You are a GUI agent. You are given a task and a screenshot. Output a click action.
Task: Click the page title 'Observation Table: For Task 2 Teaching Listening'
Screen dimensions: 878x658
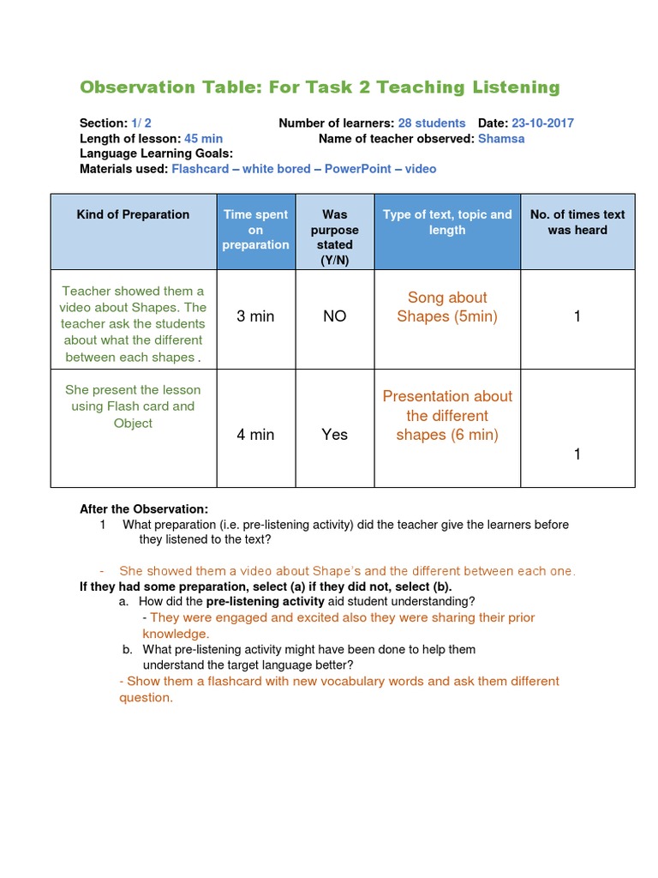point(320,87)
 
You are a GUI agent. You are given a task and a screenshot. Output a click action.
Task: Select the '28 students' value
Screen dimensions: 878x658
point(432,123)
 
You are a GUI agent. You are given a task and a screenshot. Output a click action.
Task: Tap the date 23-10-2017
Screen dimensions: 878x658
point(543,123)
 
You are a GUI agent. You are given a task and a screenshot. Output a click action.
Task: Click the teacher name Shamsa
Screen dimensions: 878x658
point(501,138)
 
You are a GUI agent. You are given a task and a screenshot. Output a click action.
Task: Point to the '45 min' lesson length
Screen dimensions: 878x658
point(203,138)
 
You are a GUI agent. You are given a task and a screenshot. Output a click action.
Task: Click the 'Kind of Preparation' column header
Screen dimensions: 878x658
point(133,214)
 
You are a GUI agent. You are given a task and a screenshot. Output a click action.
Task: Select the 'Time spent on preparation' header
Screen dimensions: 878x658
point(255,230)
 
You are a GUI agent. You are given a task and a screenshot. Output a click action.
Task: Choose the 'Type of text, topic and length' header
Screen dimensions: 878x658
point(447,222)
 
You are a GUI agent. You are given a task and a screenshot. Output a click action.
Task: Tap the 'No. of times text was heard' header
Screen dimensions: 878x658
point(577,222)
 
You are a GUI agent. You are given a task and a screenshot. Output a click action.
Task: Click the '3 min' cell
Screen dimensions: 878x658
point(255,316)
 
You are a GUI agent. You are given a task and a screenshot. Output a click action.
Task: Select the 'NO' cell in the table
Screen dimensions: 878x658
point(334,316)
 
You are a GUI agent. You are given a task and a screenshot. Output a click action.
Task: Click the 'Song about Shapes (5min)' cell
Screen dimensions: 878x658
point(447,307)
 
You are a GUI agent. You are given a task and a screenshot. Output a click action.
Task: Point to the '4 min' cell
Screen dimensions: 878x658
point(255,435)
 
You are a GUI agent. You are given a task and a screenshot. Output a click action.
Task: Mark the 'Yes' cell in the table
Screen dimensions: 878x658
point(334,435)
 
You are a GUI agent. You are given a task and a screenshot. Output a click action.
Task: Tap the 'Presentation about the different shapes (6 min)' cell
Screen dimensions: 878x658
point(447,415)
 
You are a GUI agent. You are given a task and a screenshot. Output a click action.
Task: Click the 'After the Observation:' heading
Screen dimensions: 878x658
point(144,508)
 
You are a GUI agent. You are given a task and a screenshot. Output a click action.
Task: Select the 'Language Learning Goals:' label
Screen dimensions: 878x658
point(157,153)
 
